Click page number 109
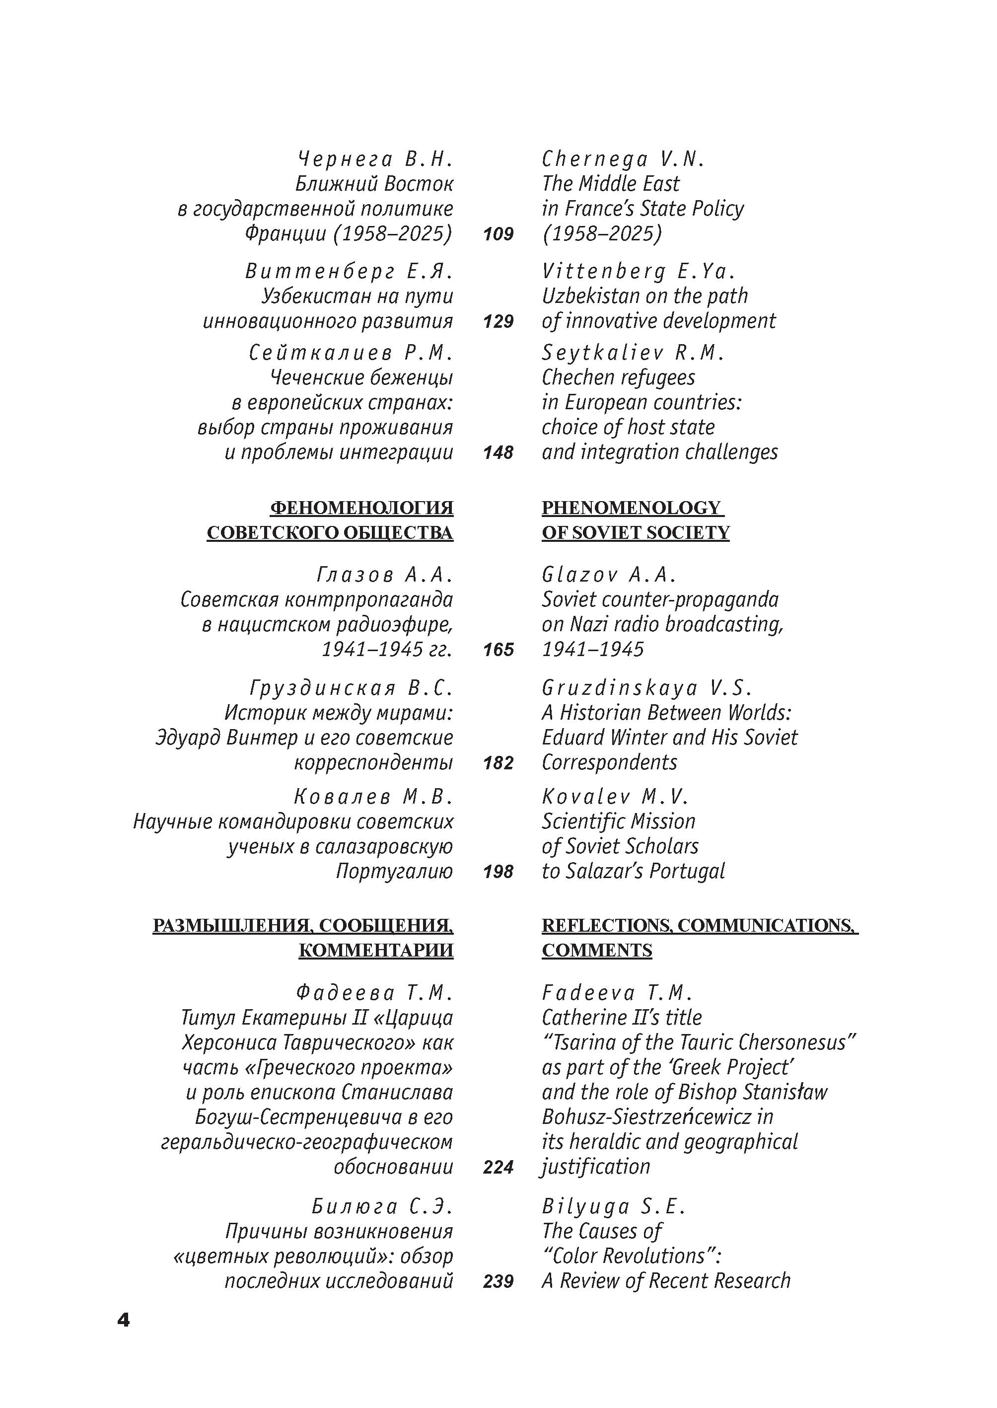(x=498, y=234)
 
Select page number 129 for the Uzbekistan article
(x=498, y=321)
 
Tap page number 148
(x=498, y=452)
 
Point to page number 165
(x=498, y=650)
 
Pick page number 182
(x=498, y=763)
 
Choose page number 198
(x=498, y=871)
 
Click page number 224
(x=498, y=1167)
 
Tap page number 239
(x=498, y=1281)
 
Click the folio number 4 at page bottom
(x=124, y=1320)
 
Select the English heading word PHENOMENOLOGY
(x=632, y=508)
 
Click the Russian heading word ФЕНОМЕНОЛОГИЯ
(x=361, y=508)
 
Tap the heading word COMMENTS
(x=597, y=950)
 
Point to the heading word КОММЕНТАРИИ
(x=376, y=950)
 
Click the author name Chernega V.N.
(x=623, y=159)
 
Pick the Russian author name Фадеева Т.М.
(x=374, y=992)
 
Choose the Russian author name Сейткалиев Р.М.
(x=351, y=353)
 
